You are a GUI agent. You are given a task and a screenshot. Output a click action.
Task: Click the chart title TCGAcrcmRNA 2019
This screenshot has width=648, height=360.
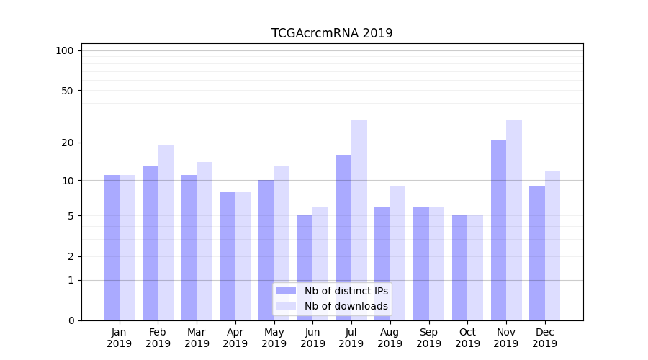point(332,33)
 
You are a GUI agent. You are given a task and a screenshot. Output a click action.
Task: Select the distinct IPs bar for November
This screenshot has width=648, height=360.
point(498,230)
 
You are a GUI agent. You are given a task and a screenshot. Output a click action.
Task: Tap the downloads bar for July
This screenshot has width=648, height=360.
point(359,220)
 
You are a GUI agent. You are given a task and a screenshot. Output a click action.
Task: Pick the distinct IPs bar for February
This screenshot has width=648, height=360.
point(150,243)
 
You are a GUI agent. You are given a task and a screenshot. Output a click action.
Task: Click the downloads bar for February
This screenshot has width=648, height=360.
point(166,233)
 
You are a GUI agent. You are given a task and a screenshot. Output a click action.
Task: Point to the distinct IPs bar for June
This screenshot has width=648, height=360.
point(305,268)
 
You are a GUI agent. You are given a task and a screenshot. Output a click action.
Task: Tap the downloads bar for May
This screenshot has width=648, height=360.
point(282,243)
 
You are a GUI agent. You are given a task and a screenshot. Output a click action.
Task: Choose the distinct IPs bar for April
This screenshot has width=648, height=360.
point(228,256)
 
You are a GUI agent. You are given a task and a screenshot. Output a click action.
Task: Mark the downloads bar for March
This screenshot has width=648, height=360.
point(204,241)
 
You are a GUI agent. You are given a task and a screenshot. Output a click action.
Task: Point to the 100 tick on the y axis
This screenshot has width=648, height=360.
point(65,50)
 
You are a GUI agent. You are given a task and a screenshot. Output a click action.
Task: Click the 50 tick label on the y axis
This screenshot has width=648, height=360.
point(67,91)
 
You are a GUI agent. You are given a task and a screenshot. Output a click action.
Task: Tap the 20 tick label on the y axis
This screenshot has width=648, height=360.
point(67,143)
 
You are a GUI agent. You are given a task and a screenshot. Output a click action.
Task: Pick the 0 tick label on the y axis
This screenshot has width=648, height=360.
point(70,320)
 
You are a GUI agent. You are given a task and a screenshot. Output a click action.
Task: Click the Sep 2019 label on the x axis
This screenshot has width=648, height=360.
point(428,338)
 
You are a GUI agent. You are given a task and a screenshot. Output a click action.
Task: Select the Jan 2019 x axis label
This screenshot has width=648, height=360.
point(119,338)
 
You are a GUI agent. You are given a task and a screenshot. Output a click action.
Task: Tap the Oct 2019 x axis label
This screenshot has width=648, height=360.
point(467,338)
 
